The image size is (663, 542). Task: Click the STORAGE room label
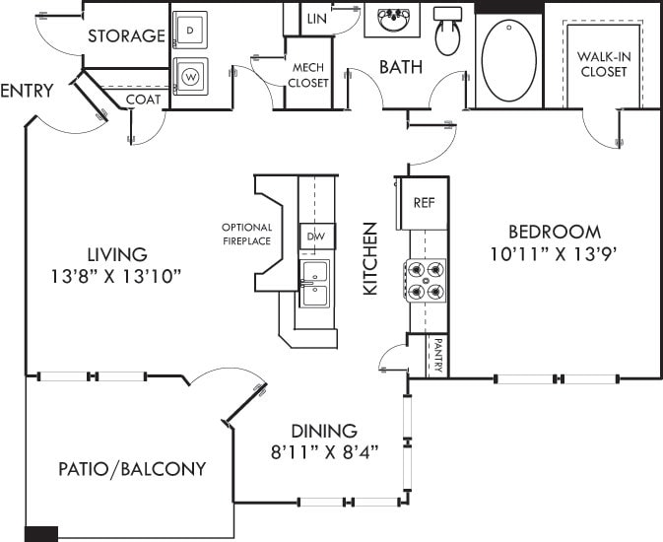tap(126, 36)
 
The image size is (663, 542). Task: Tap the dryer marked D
tap(190, 30)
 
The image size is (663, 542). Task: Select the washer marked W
tap(190, 75)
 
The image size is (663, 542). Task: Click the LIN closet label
tap(316, 19)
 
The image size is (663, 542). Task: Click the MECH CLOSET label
tap(308, 75)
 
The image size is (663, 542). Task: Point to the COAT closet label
tap(144, 100)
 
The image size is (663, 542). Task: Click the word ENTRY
tap(27, 92)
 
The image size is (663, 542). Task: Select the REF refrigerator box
tap(424, 203)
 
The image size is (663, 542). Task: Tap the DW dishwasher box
tap(316, 237)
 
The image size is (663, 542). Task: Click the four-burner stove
tap(425, 279)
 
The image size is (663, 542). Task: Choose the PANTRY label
tap(437, 356)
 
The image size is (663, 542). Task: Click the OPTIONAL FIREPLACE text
tap(246, 234)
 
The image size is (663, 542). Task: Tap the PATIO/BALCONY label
tap(131, 469)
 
